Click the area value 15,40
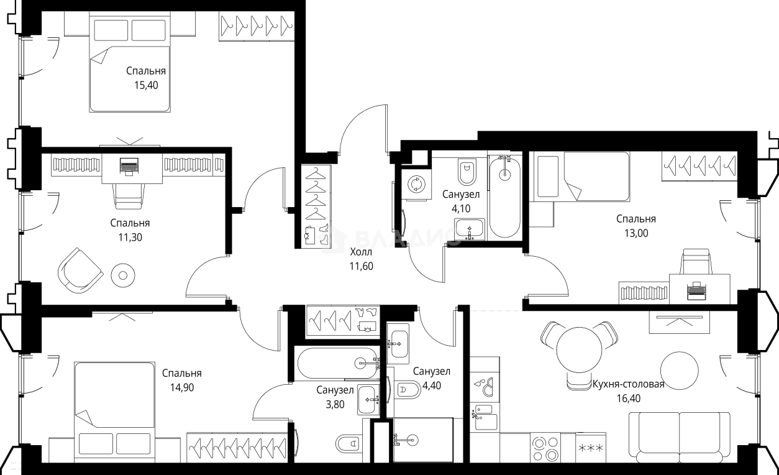(146, 85)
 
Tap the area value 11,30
(130, 237)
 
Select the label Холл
(361, 252)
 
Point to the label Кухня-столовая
(629, 384)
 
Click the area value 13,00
(636, 233)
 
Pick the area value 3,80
(335, 404)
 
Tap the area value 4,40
(431, 385)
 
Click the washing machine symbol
(416, 184)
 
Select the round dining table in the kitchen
(579, 350)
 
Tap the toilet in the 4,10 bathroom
(467, 172)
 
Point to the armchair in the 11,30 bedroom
(80, 270)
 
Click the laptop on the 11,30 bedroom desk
(129, 166)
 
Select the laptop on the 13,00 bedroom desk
(696, 290)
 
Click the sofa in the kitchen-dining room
(680, 438)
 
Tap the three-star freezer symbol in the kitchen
(591, 448)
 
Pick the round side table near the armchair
(123, 275)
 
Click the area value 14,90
(182, 388)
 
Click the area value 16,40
(629, 399)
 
